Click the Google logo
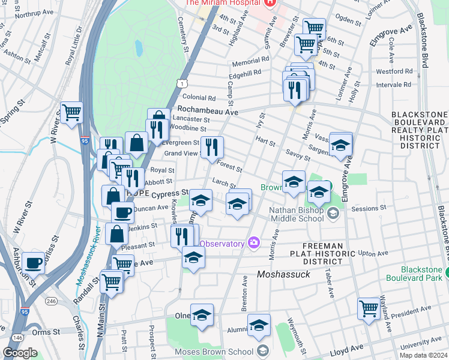click(x=20, y=353)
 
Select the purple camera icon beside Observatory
click(x=254, y=242)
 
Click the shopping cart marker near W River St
click(x=71, y=112)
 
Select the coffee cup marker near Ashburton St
click(x=33, y=262)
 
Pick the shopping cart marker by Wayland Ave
click(x=369, y=308)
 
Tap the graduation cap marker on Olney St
click(x=202, y=314)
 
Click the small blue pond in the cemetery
click(x=139, y=47)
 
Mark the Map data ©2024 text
click(x=424, y=355)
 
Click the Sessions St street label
click(x=367, y=208)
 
